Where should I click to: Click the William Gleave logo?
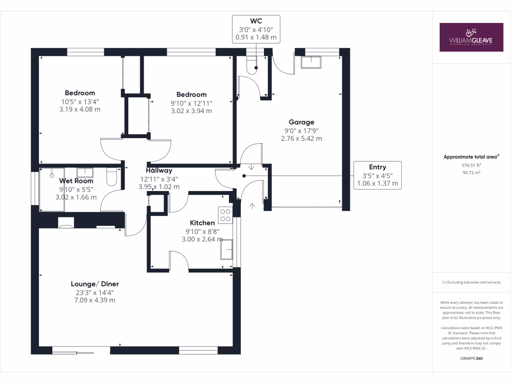[471, 37]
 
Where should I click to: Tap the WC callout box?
[256, 29]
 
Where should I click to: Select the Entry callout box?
[377, 175]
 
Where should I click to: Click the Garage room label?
[301, 122]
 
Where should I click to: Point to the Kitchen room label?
[202, 222]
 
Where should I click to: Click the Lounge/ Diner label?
[95, 284]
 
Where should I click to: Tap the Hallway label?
[159, 171]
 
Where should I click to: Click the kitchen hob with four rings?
[225, 214]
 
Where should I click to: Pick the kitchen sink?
[227, 249]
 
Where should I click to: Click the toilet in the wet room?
[112, 177]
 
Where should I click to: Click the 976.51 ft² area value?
[471, 165]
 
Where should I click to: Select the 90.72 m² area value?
[471, 173]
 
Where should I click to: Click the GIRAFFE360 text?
[471, 358]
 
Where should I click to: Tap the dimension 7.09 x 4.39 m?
[95, 300]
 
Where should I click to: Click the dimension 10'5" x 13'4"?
[80, 101]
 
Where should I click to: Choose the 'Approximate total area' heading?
[471, 157]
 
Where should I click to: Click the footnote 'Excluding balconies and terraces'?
[471, 282]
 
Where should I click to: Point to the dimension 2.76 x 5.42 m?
[301, 138]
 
